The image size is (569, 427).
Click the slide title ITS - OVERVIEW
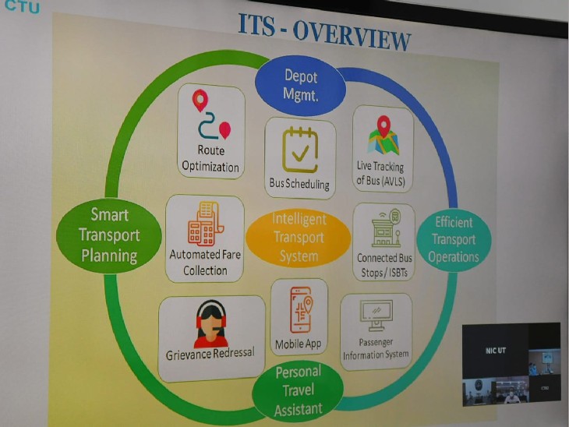click(324, 35)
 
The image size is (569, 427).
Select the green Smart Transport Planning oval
click(110, 235)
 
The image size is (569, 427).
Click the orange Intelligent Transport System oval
click(299, 237)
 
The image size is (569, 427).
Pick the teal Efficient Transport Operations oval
click(454, 240)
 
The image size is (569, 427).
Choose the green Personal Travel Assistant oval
click(298, 390)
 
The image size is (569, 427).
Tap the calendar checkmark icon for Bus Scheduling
click(300, 149)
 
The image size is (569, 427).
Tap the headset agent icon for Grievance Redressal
click(210, 323)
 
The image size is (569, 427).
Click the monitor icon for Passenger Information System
click(376, 315)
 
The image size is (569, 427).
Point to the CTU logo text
click(19, 8)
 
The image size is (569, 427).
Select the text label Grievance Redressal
click(210, 354)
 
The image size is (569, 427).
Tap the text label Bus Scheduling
click(299, 185)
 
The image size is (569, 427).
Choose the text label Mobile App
click(299, 344)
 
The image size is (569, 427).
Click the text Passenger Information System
click(376, 349)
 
